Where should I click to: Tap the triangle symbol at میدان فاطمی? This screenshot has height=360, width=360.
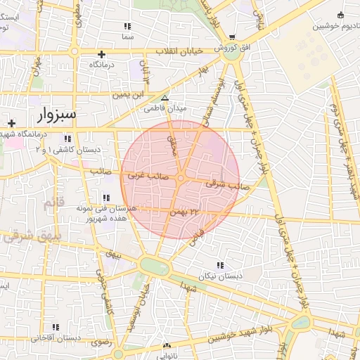point(165,99)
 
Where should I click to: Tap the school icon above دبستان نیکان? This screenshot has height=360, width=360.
point(221,266)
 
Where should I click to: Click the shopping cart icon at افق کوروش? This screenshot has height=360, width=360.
point(233,38)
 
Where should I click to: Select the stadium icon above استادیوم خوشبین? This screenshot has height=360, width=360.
point(341,15)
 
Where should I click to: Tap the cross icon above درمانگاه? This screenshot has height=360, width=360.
point(102,54)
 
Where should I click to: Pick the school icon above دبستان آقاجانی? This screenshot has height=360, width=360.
point(56,327)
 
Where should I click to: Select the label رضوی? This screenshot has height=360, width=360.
point(96,342)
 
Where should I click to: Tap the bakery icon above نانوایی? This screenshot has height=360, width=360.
point(167,345)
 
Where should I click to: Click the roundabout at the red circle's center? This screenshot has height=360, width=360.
point(181,179)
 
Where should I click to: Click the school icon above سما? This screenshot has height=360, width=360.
point(127,26)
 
